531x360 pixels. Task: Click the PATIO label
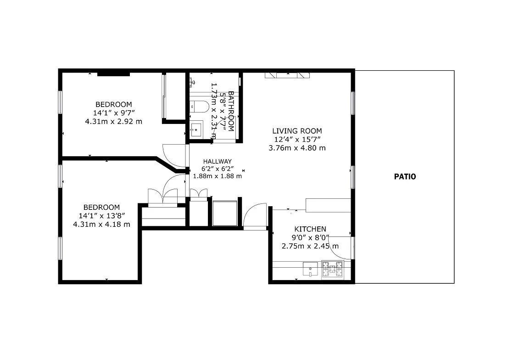coord(405,176)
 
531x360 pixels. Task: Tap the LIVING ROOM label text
coord(297,131)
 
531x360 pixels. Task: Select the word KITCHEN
coord(310,229)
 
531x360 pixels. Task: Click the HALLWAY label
coord(218,161)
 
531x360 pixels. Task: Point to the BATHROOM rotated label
coord(231,112)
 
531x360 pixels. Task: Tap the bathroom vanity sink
coord(197,129)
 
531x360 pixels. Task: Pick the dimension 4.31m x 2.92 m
coord(113,121)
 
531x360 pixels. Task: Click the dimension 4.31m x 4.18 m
coord(101,224)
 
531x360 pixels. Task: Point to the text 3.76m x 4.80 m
coord(297,148)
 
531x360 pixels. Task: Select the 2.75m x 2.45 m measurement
coord(310,246)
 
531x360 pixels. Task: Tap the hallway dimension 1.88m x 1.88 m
coord(218,176)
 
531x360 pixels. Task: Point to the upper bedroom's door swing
coord(174,156)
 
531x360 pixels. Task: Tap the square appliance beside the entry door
coord(224,213)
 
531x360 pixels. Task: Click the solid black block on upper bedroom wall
coord(113,73)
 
